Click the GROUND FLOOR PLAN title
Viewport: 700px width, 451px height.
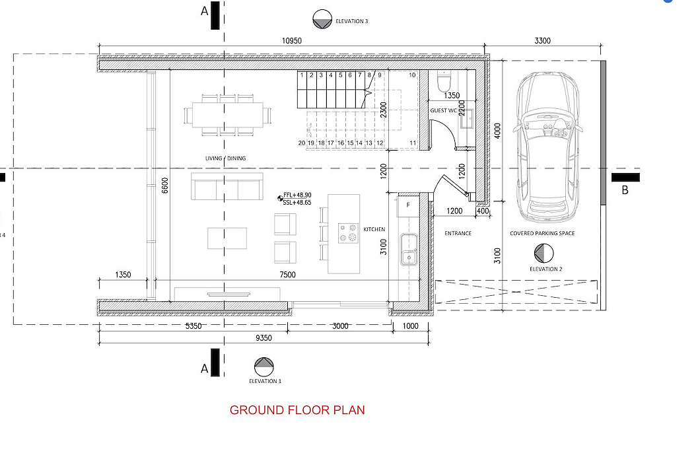(297, 410)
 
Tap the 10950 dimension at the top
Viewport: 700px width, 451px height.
(291, 41)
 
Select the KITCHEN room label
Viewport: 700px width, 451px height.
(374, 229)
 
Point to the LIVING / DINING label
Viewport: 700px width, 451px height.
(225, 158)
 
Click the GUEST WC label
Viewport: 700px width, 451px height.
(443, 110)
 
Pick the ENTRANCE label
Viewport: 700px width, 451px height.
(458, 233)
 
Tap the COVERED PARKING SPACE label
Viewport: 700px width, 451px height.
(542, 233)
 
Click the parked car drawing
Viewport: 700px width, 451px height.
(547, 147)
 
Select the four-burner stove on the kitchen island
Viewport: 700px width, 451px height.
(348, 232)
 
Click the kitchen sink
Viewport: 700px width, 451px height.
(409, 249)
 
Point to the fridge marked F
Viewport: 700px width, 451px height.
(408, 206)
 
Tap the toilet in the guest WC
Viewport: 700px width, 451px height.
(444, 81)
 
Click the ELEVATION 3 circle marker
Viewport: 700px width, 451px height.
(322, 19)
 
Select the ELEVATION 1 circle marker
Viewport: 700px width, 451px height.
(264, 366)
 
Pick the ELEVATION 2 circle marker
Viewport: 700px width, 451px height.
(543, 254)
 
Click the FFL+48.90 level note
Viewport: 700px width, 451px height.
(297, 195)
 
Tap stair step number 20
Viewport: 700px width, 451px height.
(302, 143)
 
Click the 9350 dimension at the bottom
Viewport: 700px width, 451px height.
(264, 338)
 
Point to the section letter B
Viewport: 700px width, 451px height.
(625, 190)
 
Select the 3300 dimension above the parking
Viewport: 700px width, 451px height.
(542, 41)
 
